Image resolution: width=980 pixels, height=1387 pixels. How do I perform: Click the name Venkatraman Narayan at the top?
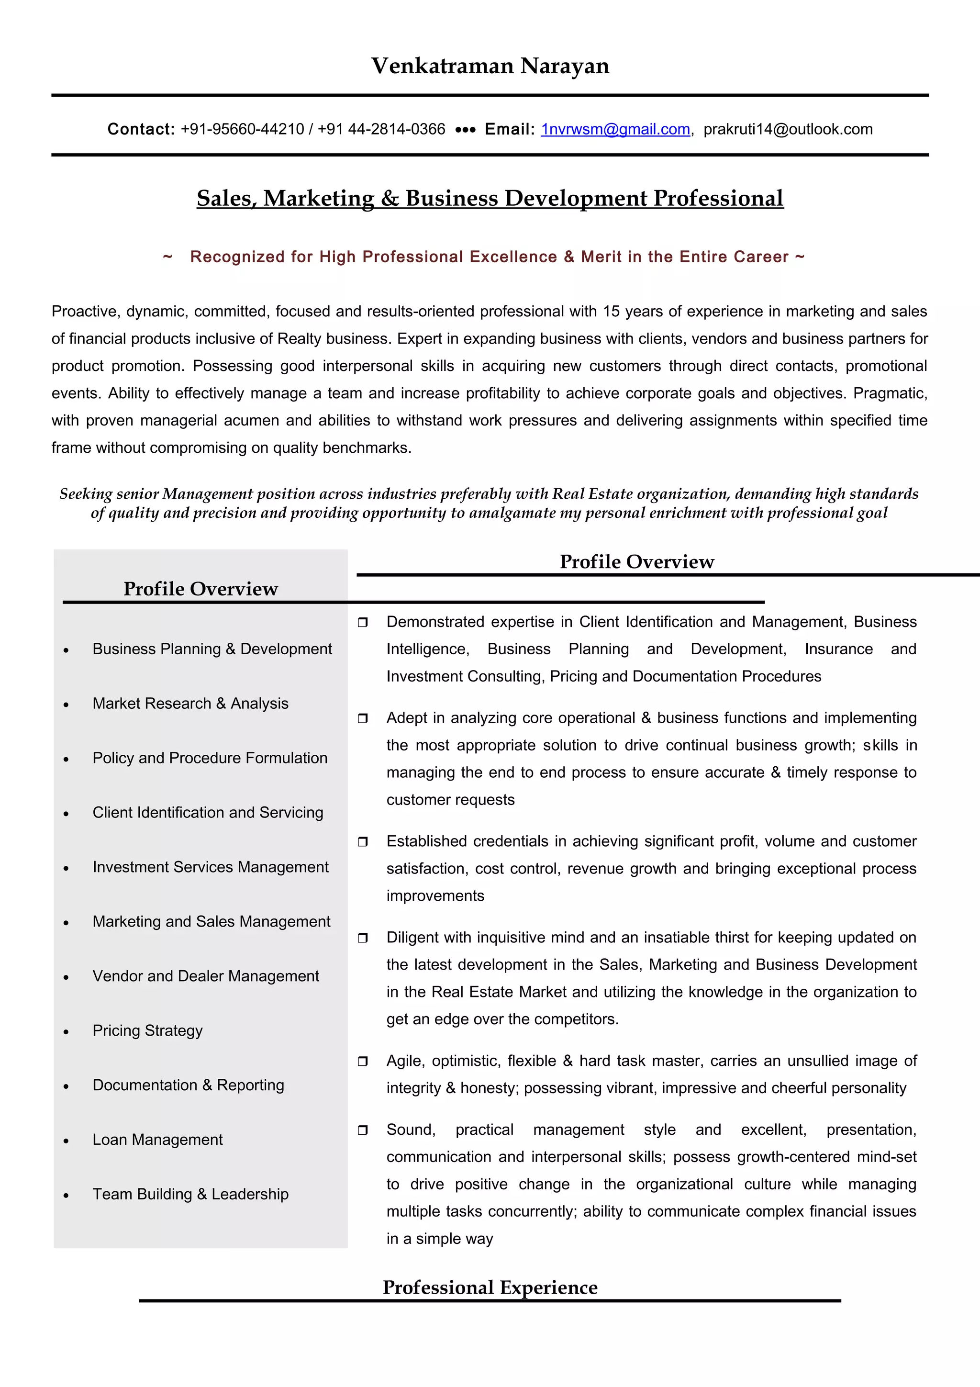(x=490, y=66)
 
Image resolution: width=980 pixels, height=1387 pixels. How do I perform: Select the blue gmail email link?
(x=615, y=129)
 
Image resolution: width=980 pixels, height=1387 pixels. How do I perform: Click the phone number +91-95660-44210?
(x=242, y=129)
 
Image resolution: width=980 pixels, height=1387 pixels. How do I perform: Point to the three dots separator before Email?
(x=465, y=129)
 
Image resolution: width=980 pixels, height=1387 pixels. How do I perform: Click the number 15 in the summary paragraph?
(x=611, y=311)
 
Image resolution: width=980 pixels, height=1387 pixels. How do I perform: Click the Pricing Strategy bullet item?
(x=147, y=1030)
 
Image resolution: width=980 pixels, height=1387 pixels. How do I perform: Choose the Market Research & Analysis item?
(x=190, y=703)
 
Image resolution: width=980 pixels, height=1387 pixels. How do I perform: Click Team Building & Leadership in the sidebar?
(x=190, y=1194)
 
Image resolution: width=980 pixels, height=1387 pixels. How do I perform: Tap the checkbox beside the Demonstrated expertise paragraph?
(x=362, y=622)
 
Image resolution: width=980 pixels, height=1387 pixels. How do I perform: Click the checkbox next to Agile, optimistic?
(x=362, y=1062)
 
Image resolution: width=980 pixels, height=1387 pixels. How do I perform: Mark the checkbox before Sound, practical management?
(x=362, y=1130)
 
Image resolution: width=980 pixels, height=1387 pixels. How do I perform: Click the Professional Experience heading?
(x=490, y=1287)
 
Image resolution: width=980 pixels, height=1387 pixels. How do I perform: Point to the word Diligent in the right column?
(x=413, y=937)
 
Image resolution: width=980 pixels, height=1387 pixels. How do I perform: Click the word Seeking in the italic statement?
(x=85, y=494)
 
